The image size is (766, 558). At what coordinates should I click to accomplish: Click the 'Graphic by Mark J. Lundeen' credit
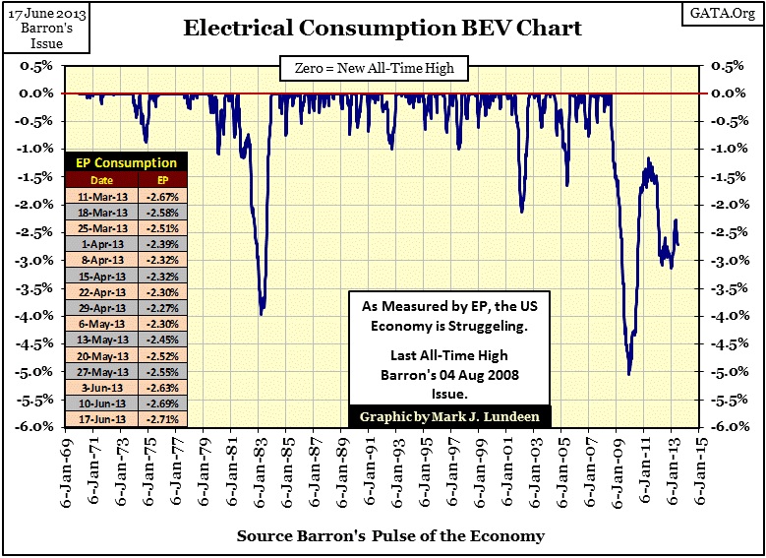tap(449, 415)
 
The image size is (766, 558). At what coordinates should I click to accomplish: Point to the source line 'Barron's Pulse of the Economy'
tap(389, 537)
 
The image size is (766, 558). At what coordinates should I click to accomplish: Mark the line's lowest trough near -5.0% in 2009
tap(629, 374)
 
